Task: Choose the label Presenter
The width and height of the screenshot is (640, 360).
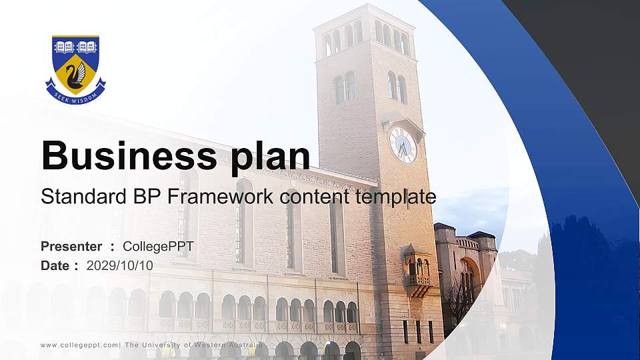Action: (71, 247)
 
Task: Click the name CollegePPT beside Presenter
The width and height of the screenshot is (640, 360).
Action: (158, 247)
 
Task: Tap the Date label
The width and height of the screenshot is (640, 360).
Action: (55, 265)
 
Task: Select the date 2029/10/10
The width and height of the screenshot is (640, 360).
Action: (120, 265)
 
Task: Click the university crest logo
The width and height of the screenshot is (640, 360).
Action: (75, 69)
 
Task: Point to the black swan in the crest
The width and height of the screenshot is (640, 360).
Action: (76, 74)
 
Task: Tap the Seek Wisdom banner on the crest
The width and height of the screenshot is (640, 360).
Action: (75, 95)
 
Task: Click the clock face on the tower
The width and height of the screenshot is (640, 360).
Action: (403, 144)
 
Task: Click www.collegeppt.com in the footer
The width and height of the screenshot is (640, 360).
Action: (79, 345)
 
